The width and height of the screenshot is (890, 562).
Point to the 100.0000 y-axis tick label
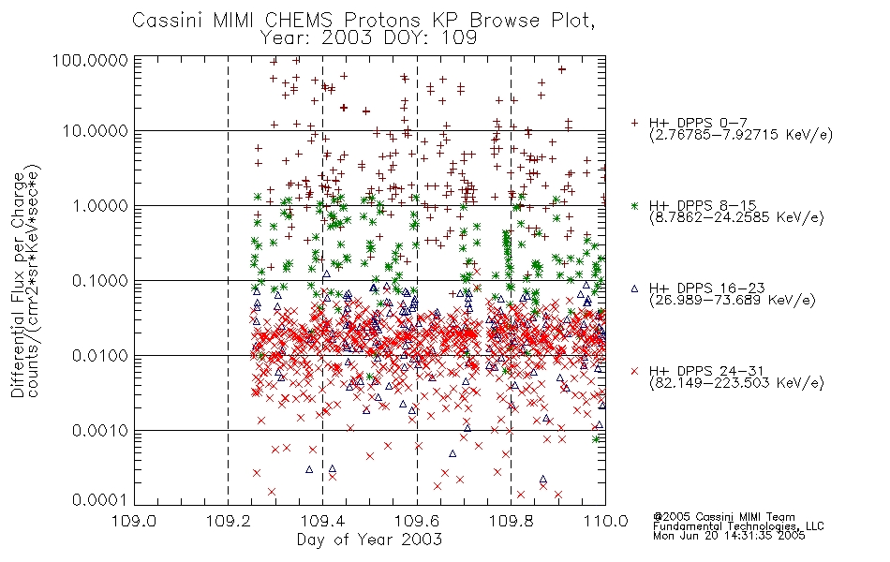coord(90,60)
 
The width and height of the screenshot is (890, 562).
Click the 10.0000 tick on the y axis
coord(96,131)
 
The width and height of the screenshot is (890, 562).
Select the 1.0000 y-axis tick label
coord(100,205)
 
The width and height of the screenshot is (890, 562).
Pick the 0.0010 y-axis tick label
coord(100,431)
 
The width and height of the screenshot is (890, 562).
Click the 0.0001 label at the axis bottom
coord(100,500)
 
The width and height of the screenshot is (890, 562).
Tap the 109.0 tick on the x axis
coord(135,521)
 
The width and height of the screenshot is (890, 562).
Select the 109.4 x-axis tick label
coord(322,521)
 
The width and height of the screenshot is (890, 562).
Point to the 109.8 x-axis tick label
coord(511,521)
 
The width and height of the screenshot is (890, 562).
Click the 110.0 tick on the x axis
coord(605,521)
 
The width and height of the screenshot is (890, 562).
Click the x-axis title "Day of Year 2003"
coord(369,540)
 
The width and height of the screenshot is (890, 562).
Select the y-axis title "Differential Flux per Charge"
coord(18,285)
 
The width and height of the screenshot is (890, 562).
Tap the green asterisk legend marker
coord(634,206)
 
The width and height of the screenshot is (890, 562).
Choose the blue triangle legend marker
coord(634,288)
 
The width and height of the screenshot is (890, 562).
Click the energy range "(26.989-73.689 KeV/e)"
coord(733,301)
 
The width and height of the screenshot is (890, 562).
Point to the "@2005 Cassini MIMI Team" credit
coord(723,517)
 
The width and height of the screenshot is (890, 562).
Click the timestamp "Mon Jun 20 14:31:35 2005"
coord(729,536)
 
